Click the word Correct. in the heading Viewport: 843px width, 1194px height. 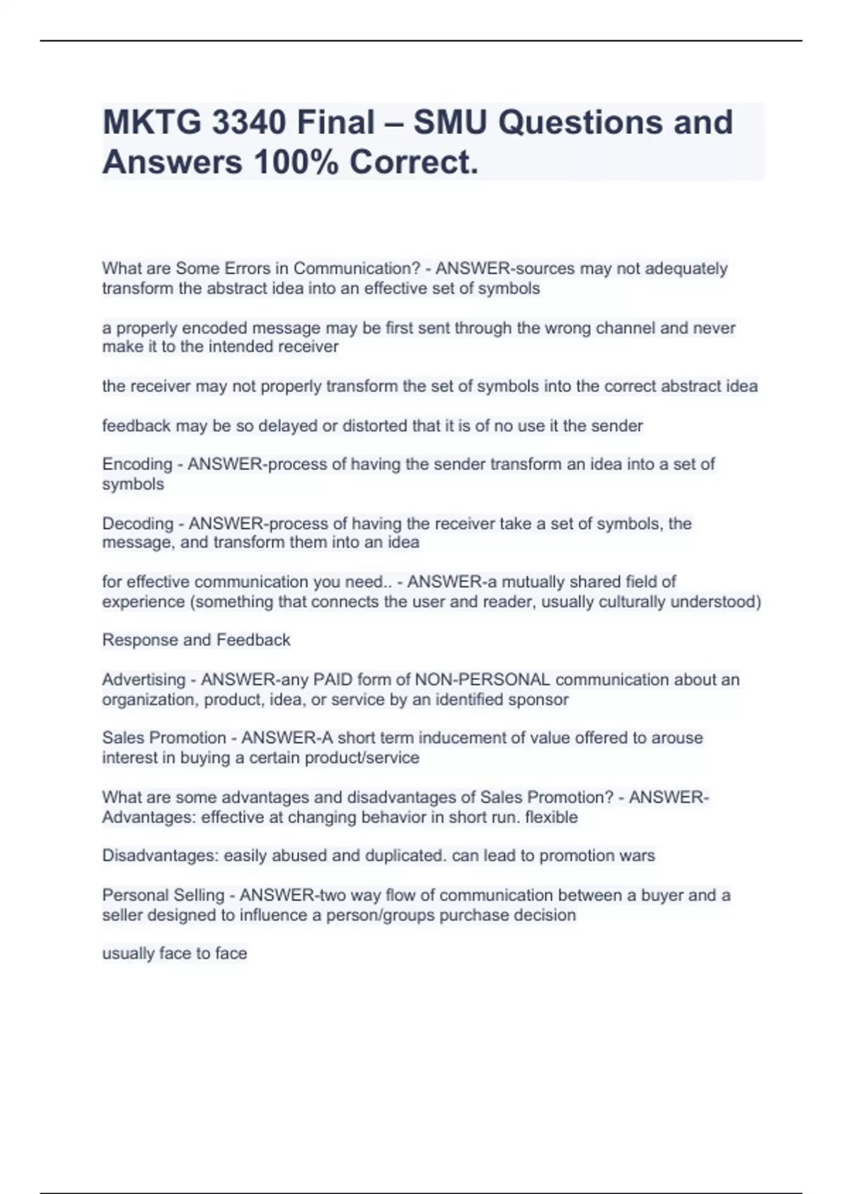tap(414, 162)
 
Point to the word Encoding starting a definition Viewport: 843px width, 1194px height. tap(137, 464)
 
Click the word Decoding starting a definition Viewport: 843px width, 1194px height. tap(138, 523)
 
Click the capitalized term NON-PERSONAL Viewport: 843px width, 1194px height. tap(483, 680)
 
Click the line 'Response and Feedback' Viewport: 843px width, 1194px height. tap(196, 640)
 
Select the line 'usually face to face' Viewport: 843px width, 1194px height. tap(174, 954)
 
